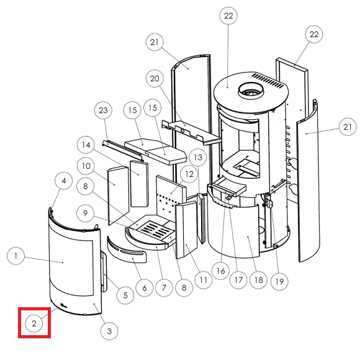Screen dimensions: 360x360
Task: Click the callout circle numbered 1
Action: click(x=16, y=256)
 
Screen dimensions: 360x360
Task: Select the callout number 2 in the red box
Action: click(x=34, y=323)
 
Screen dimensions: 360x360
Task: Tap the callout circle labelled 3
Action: click(x=109, y=331)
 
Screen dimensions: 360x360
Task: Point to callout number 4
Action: click(x=63, y=181)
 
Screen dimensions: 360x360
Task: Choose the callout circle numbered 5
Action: click(x=125, y=295)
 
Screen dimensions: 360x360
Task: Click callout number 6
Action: click(x=145, y=287)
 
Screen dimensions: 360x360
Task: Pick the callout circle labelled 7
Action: click(x=164, y=287)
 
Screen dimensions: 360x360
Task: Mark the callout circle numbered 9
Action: click(x=86, y=213)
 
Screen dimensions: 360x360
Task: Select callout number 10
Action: click(x=86, y=166)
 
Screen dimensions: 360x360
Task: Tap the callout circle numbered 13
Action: click(x=198, y=158)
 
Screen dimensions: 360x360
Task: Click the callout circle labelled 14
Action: click(x=86, y=145)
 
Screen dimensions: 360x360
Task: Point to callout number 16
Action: click(x=220, y=271)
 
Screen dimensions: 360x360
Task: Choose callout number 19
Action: click(x=279, y=281)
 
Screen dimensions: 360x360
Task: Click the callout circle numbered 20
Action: click(x=155, y=79)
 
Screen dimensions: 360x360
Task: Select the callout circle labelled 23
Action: click(x=103, y=110)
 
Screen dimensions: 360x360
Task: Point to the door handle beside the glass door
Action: click(x=104, y=272)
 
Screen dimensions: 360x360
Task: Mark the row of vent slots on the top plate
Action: click(x=268, y=80)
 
